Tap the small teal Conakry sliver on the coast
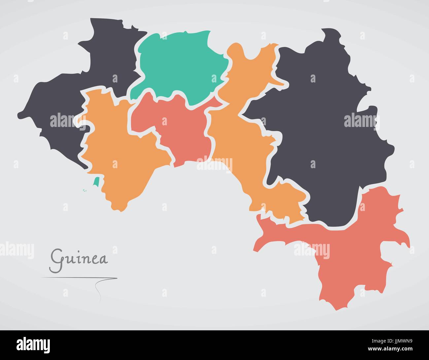pyautogui.click(x=96, y=182)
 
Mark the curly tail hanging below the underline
pyautogui.click(x=98, y=290)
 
